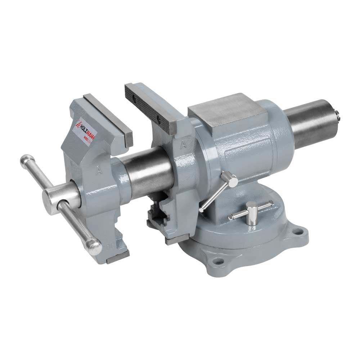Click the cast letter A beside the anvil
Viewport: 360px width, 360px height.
tap(184, 145)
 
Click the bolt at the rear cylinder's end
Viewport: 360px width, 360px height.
tap(339, 115)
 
